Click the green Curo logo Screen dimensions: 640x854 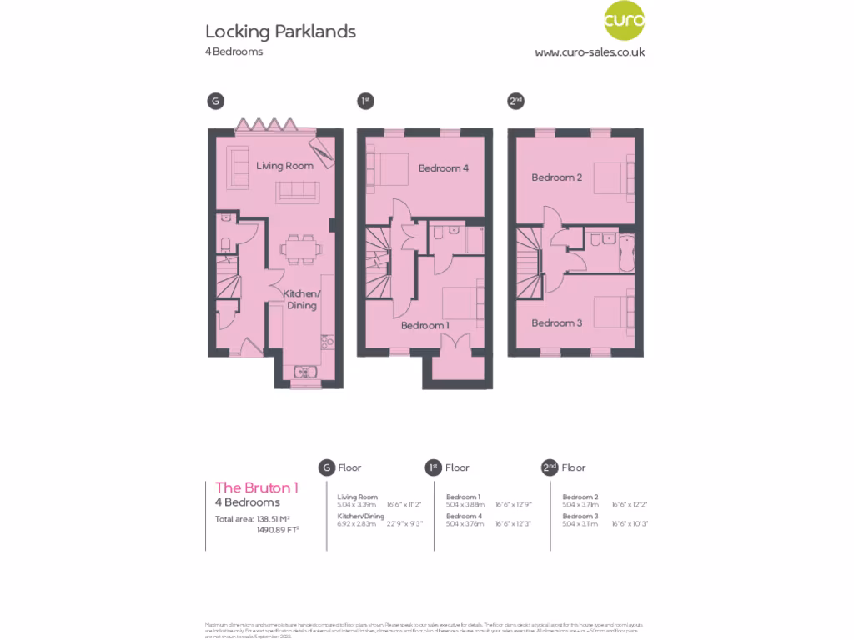click(x=624, y=21)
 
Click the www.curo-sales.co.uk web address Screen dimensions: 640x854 click(x=590, y=52)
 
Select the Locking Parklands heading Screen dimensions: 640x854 click(x=280, y=32)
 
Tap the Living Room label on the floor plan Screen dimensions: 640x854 click(x=284, y=166)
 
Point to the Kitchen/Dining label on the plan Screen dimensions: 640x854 click(x=301, y=299)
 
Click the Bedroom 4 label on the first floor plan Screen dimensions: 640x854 click(x=443, y=168)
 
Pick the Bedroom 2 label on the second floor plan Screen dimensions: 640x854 click(x=556, y=177)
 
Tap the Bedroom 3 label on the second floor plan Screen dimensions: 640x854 click(x=556, y=322)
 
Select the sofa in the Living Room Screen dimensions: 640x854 click(x=297, y=191)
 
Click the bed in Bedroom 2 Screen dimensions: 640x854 click(x=620, y=176)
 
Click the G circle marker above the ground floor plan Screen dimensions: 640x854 click(x=215, y=102)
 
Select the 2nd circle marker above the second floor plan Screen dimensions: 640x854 click(x=515, y=102)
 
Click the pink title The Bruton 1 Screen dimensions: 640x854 click(x=256, y=487)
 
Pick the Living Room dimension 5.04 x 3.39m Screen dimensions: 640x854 click(x=356, y=504)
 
